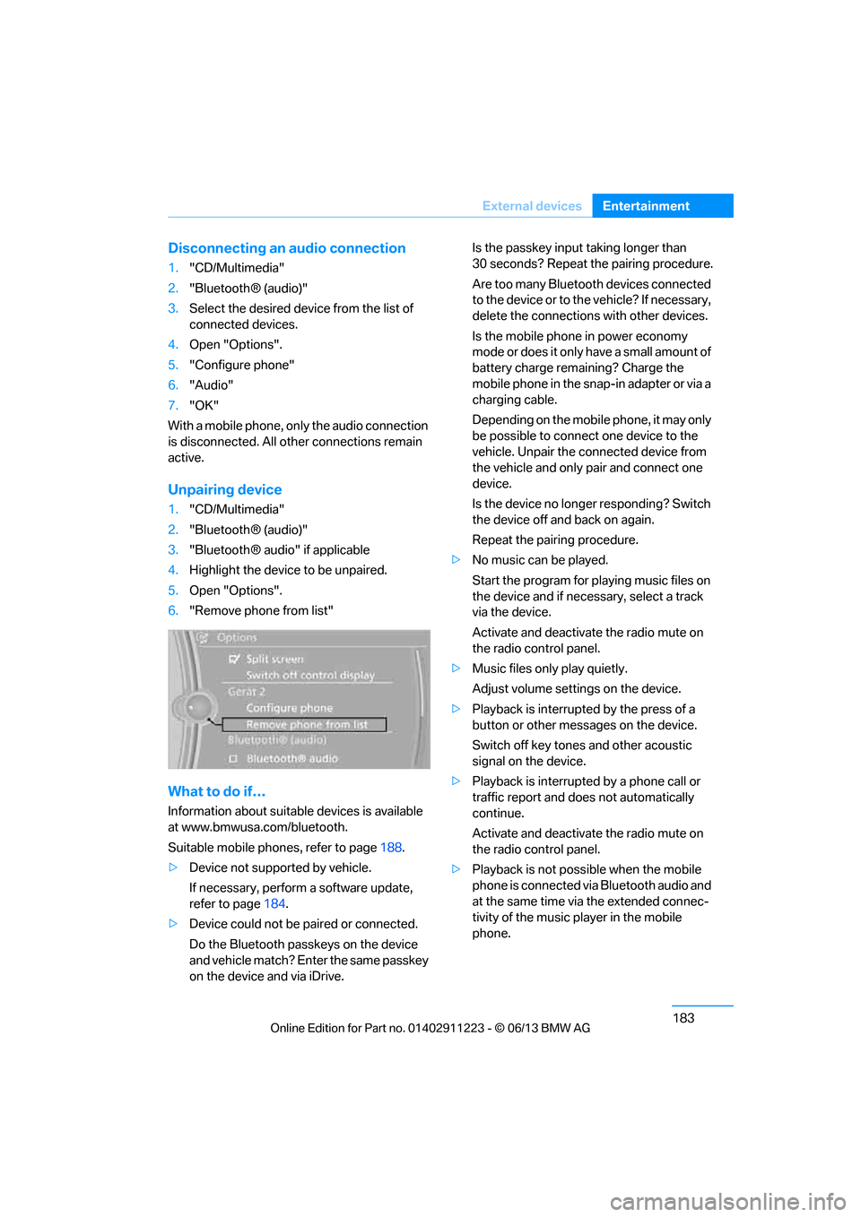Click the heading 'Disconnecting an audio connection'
(286, 248)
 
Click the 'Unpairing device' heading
(224, 489)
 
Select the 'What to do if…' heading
(216, 791)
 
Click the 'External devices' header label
(532, 206)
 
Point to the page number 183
(683, 1018)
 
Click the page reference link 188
(391, 848)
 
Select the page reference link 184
(274, 904)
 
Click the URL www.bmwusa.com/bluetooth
(264, 827)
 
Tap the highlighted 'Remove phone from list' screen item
(305, 724)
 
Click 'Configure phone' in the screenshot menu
(289, 708)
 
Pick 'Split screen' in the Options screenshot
(274, 659)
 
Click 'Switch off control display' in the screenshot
(309, 675)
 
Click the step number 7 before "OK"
(173, 405)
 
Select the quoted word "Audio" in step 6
(211, 385)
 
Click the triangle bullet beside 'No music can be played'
(456, 560)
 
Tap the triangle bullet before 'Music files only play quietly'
(456, 669)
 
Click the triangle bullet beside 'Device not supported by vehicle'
(173, 867)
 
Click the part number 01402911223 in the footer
(446, 1028)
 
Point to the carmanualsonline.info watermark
(727, 1201)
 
